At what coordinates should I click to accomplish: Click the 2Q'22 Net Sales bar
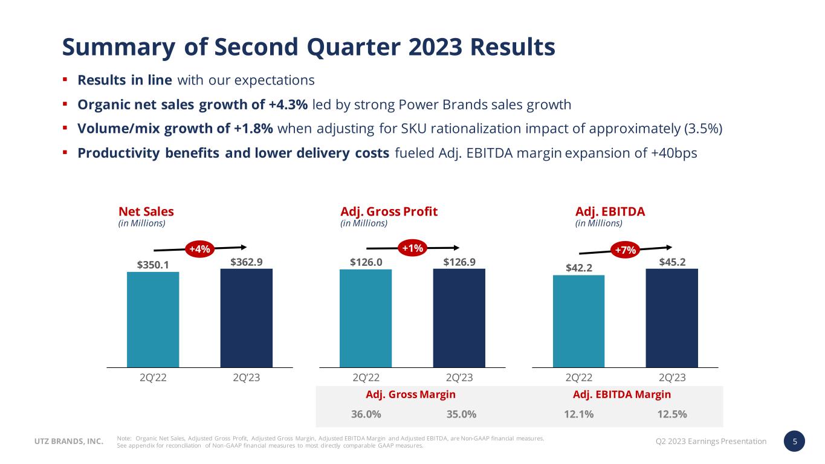153,319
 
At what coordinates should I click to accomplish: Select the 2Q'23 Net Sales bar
246,317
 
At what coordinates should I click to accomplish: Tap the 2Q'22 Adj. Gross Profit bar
366,318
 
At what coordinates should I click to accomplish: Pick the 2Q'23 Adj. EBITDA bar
671,317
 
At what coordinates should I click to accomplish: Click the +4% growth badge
199,249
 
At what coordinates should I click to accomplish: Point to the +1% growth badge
413,248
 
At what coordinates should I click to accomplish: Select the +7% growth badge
626,250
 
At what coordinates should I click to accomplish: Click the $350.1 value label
153,265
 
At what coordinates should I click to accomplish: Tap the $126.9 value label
459,262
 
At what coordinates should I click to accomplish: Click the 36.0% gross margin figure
366,414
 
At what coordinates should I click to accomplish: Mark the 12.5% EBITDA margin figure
671,414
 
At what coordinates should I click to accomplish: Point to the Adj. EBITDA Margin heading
621,395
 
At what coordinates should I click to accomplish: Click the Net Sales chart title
146,211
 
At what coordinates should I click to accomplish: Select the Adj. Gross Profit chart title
389,211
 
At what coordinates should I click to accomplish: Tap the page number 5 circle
795,441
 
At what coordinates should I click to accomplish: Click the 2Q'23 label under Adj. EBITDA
672,378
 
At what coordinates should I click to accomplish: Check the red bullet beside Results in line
65,80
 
